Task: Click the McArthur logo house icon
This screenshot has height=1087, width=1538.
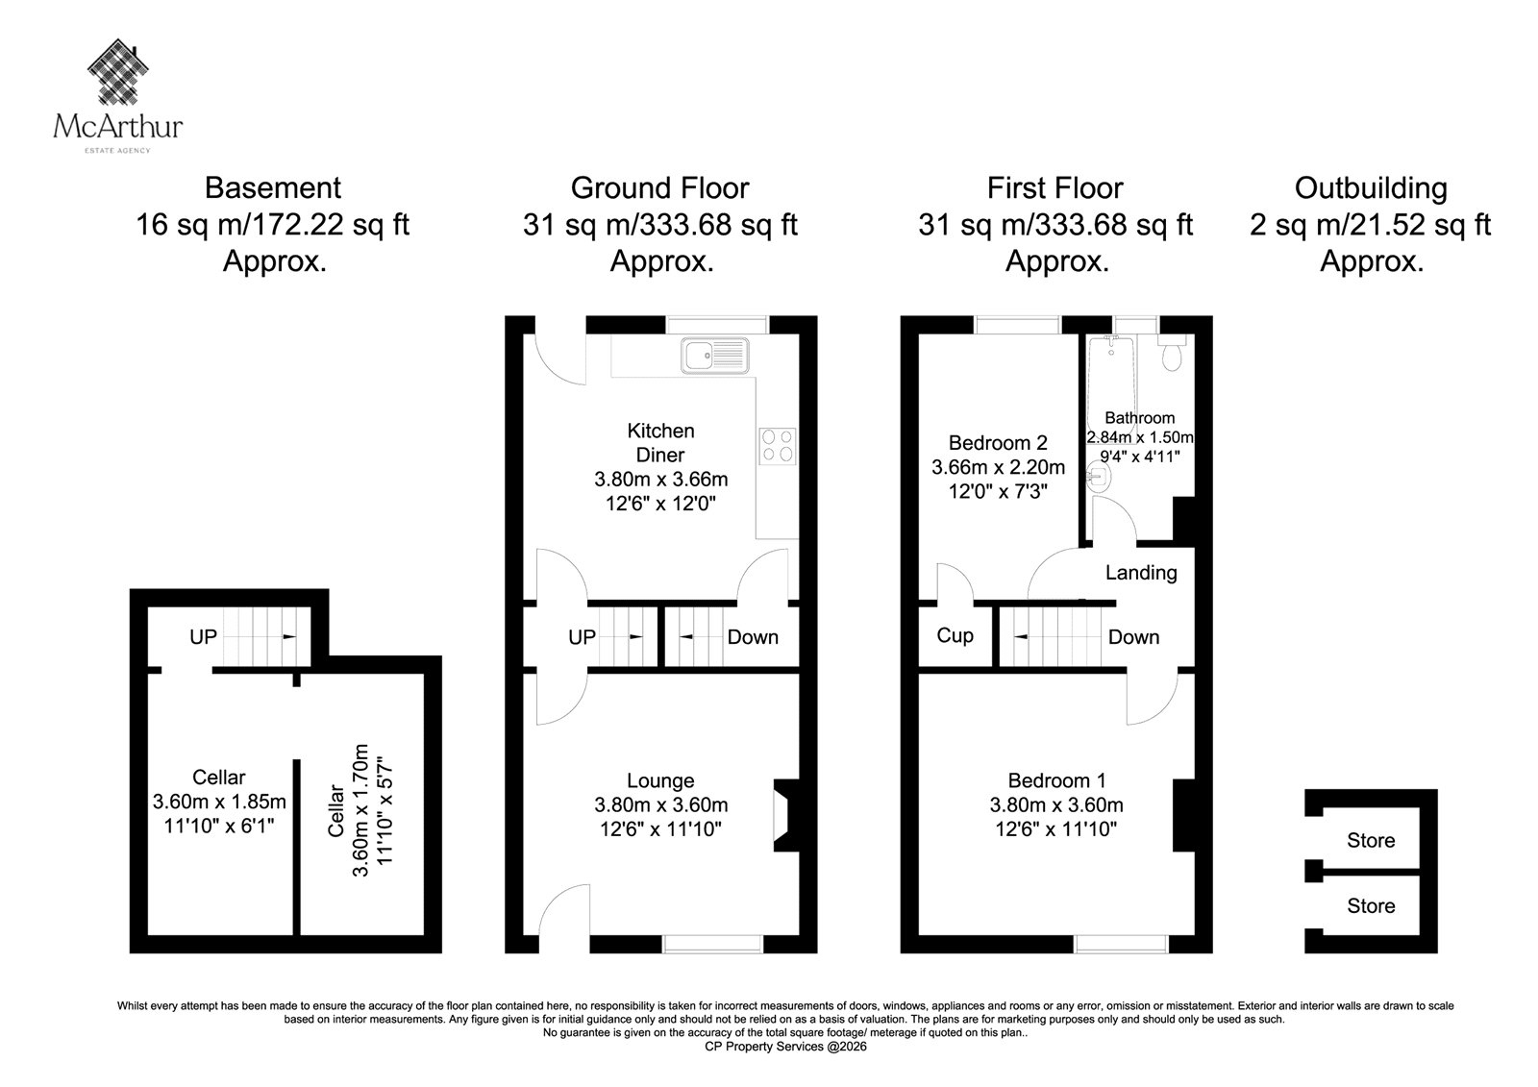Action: (x=118, y=72)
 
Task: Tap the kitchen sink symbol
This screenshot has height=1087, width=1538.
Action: (x=715, y=356)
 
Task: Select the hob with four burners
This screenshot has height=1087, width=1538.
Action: (x=778, y=446)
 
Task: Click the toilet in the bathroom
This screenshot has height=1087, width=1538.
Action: (x=1172, y=353)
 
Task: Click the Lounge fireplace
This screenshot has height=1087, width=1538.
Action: (x=787, y=815)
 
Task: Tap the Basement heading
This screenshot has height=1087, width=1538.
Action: (x=273, y=188)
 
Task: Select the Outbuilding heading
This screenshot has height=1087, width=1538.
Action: (x=1371, y=188)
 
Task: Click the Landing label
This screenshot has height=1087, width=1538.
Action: (x=1141, y=572)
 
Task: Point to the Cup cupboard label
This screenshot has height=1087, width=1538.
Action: (x=955, y=635)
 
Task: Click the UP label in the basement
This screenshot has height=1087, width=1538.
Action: (x=203, y=637)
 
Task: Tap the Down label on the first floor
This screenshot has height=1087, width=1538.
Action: (x=1133, y=637)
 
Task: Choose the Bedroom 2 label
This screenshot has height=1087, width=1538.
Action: (x=999, y=443)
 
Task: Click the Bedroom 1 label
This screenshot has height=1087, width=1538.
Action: (x=1056, y=780)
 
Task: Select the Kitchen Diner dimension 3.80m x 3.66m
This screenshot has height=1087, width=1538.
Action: (x=661, y=480)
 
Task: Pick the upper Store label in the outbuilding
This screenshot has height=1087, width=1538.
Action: (x=1371, y=841)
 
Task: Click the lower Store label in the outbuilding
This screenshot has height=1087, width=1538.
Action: (x=1371, y=905)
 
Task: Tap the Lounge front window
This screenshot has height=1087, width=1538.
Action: (x=712, y=944)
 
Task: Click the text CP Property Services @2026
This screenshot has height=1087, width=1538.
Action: (x=785, y=1047)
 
